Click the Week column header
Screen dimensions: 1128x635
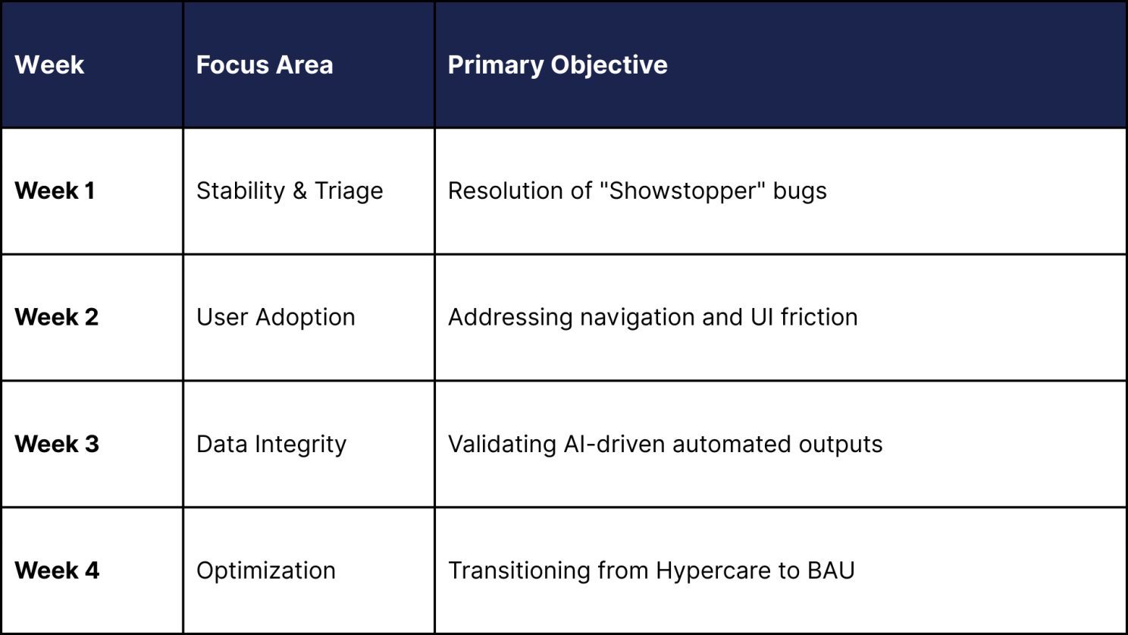point(49,65)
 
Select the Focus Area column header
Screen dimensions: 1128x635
point(265,65)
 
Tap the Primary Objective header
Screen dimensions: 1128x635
point(557,65)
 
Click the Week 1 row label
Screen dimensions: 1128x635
point(55,191)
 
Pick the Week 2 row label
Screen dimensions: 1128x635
point(56,317)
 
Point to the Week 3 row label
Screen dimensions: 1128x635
point(57,444)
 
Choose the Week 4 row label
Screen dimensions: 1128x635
point(57,571)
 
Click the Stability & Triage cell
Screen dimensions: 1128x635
point(290,191)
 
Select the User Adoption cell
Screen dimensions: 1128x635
point(275,317)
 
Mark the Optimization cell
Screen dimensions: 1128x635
point(266,571)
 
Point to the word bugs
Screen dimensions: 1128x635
point(801,192)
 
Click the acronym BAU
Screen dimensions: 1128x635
point(831,571)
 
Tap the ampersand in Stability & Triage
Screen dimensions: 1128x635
point(300,191)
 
